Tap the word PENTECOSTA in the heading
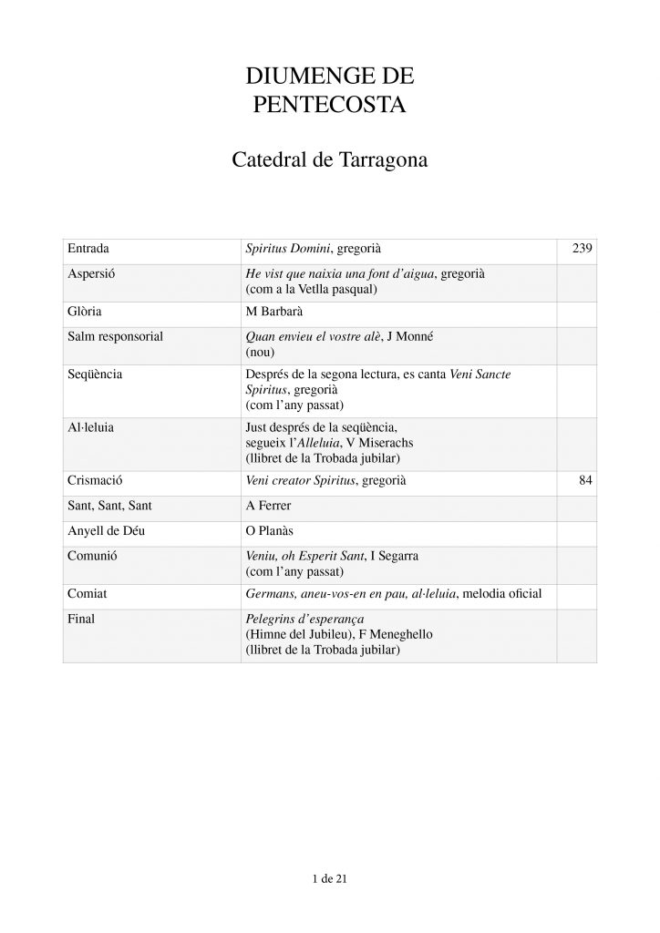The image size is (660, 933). (x=329, y=105)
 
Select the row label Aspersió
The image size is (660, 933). (x=92, y=273)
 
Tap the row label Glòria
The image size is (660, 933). (x=86, y=312)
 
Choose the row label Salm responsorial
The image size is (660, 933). (x=115, y=336)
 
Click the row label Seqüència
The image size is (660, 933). (x=95, y=374)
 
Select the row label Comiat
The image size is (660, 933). (x=88, y=594)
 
